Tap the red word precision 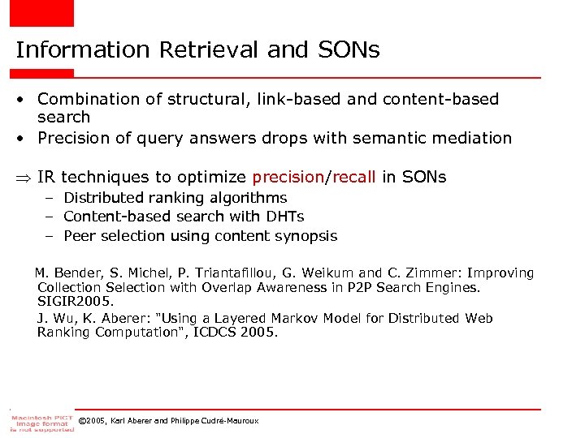click(288, 177)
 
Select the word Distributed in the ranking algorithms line click(104, 197)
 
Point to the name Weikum click(322, 273)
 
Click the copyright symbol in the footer click(82, 420)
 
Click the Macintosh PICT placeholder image click(41, 421)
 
